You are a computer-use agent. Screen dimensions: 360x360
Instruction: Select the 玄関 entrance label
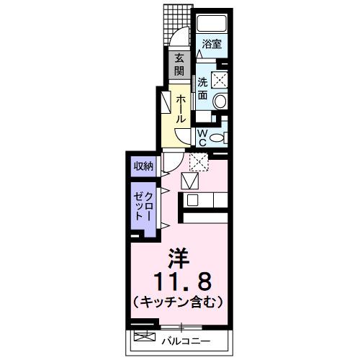(x=177, y=65)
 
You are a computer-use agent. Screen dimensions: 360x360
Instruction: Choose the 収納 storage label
(x=143, y=166)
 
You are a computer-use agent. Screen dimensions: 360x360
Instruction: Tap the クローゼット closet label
(x=143, y=207)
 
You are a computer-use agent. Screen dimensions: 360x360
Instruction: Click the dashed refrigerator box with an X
(x=197, y=162)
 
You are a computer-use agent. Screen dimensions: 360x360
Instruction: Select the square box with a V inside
(x=190, y=181)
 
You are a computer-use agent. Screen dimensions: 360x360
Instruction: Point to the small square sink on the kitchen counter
(x=192, y=200)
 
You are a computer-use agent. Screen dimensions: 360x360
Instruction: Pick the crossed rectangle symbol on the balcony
(x=145, y=336)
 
